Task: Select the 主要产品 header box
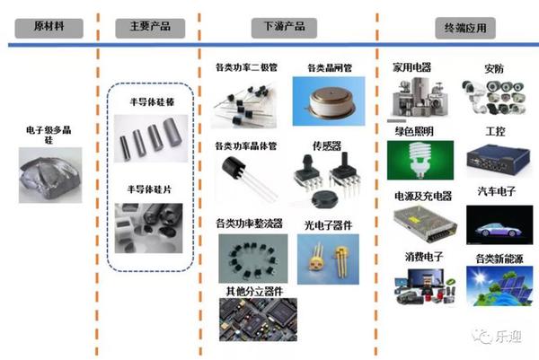pos(144,26)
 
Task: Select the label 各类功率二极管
pos(246,67)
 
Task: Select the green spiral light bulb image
pos(419,161)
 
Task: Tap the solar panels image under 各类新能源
pos(493,285)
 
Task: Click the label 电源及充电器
pos(422,196)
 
